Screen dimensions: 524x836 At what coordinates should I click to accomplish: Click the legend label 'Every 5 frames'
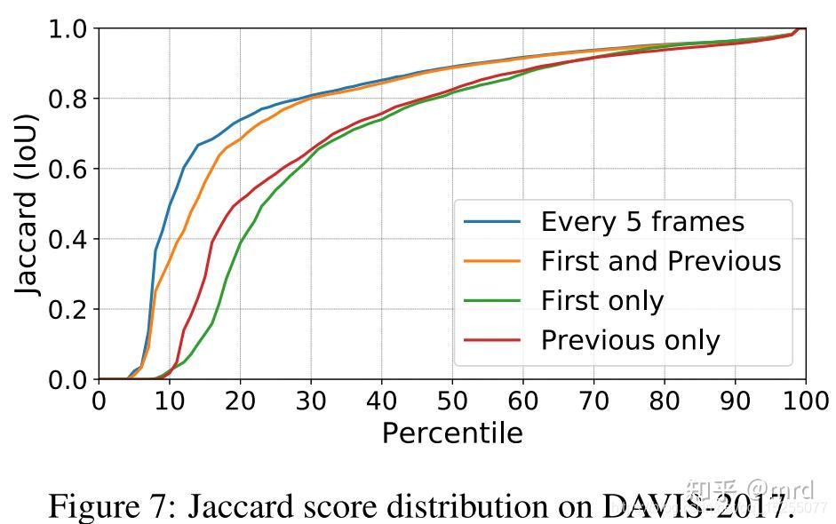642,222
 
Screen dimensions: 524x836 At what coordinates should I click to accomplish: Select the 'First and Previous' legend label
661,261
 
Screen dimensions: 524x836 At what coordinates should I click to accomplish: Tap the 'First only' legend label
601,301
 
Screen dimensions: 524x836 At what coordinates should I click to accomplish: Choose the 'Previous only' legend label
630,340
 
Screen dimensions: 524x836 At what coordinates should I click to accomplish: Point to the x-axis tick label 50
452,401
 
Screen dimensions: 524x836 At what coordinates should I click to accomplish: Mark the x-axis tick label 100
804,401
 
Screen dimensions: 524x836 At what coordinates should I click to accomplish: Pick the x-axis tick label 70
593,401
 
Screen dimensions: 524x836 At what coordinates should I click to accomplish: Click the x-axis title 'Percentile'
452,433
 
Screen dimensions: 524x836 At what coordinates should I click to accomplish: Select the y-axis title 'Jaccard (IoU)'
29,204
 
